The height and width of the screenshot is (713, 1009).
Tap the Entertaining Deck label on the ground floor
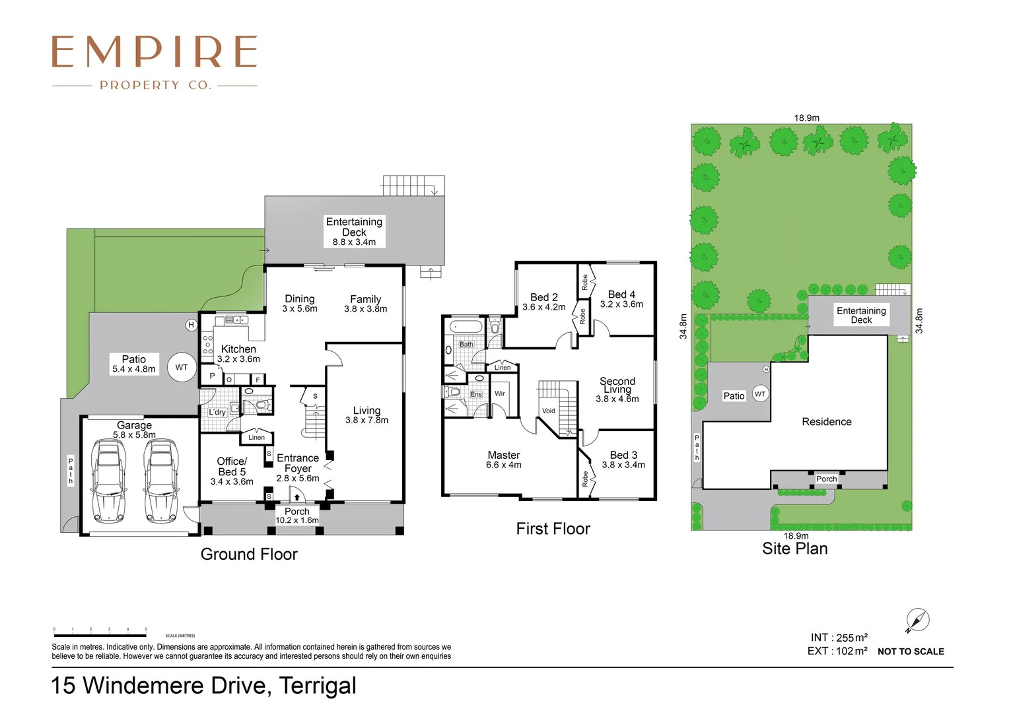354,227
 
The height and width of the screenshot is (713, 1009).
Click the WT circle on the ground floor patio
182,368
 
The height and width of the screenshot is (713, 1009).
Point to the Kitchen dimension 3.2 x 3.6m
238,359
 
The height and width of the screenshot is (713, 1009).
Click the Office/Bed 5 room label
232,467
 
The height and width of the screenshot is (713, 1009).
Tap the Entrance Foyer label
298,463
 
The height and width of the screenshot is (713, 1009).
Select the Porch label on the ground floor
297,512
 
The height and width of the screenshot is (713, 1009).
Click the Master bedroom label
504,456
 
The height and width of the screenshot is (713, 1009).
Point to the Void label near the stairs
549,411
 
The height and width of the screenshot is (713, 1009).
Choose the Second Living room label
617,385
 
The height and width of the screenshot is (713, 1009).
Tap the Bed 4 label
621,294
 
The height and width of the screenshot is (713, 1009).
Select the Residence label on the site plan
827,422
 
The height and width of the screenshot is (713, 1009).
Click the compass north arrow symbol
917,621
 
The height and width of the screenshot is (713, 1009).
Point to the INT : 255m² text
839,638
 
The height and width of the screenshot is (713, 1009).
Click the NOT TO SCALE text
911,652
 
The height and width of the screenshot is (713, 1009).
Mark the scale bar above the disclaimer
100,636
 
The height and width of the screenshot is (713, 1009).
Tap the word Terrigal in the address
318,686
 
